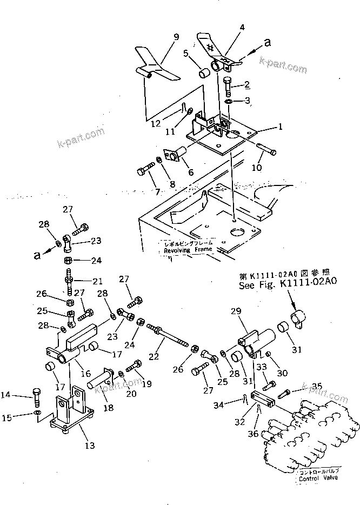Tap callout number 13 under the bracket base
click(90, 446)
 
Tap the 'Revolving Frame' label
click(189, 250)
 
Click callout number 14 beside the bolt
click(22, 395)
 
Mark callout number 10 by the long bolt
click(257, 168)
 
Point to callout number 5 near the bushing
click(185, 54)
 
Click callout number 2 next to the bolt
click(246, 84)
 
